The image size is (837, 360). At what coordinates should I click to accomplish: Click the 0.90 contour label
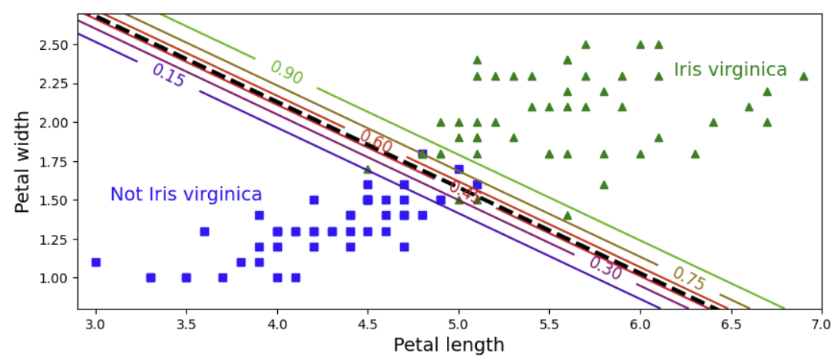pos(286,72)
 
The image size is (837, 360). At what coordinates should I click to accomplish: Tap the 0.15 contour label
pos(168,75)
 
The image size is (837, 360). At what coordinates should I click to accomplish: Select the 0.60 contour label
pos(375,142)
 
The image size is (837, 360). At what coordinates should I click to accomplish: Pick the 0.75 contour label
pos(689,279)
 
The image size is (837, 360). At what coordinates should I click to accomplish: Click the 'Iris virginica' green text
pos(730,70)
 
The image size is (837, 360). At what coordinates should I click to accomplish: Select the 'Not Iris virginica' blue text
pos(186,194)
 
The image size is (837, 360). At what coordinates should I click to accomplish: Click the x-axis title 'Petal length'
pos(448,345)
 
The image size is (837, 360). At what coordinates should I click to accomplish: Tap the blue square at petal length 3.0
pos(96,262)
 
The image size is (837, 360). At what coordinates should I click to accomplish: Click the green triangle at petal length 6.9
pos(803,76)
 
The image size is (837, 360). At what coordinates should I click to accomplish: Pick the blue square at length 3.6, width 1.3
pos(204,231)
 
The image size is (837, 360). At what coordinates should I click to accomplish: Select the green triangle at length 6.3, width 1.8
pos(695,154)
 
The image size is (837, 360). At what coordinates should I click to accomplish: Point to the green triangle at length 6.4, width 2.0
pos(713,122)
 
